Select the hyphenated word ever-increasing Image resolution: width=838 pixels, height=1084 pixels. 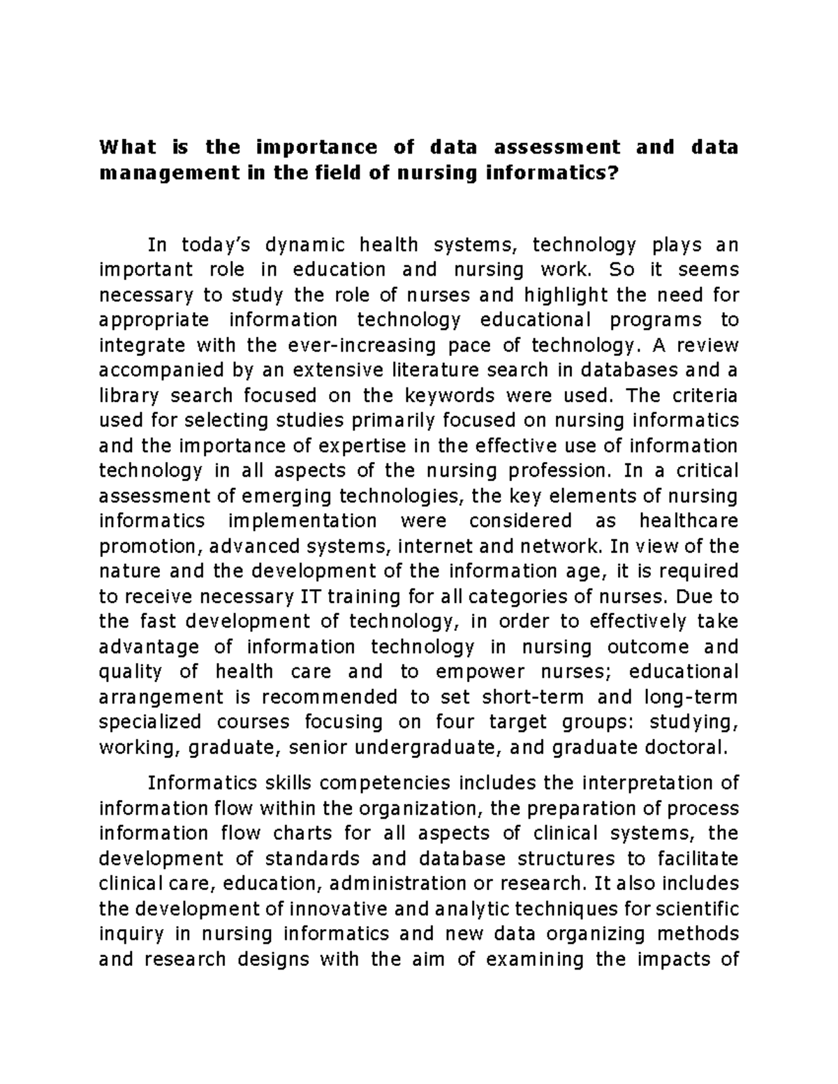point(357,345)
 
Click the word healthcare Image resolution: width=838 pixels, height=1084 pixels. point(688,521)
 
